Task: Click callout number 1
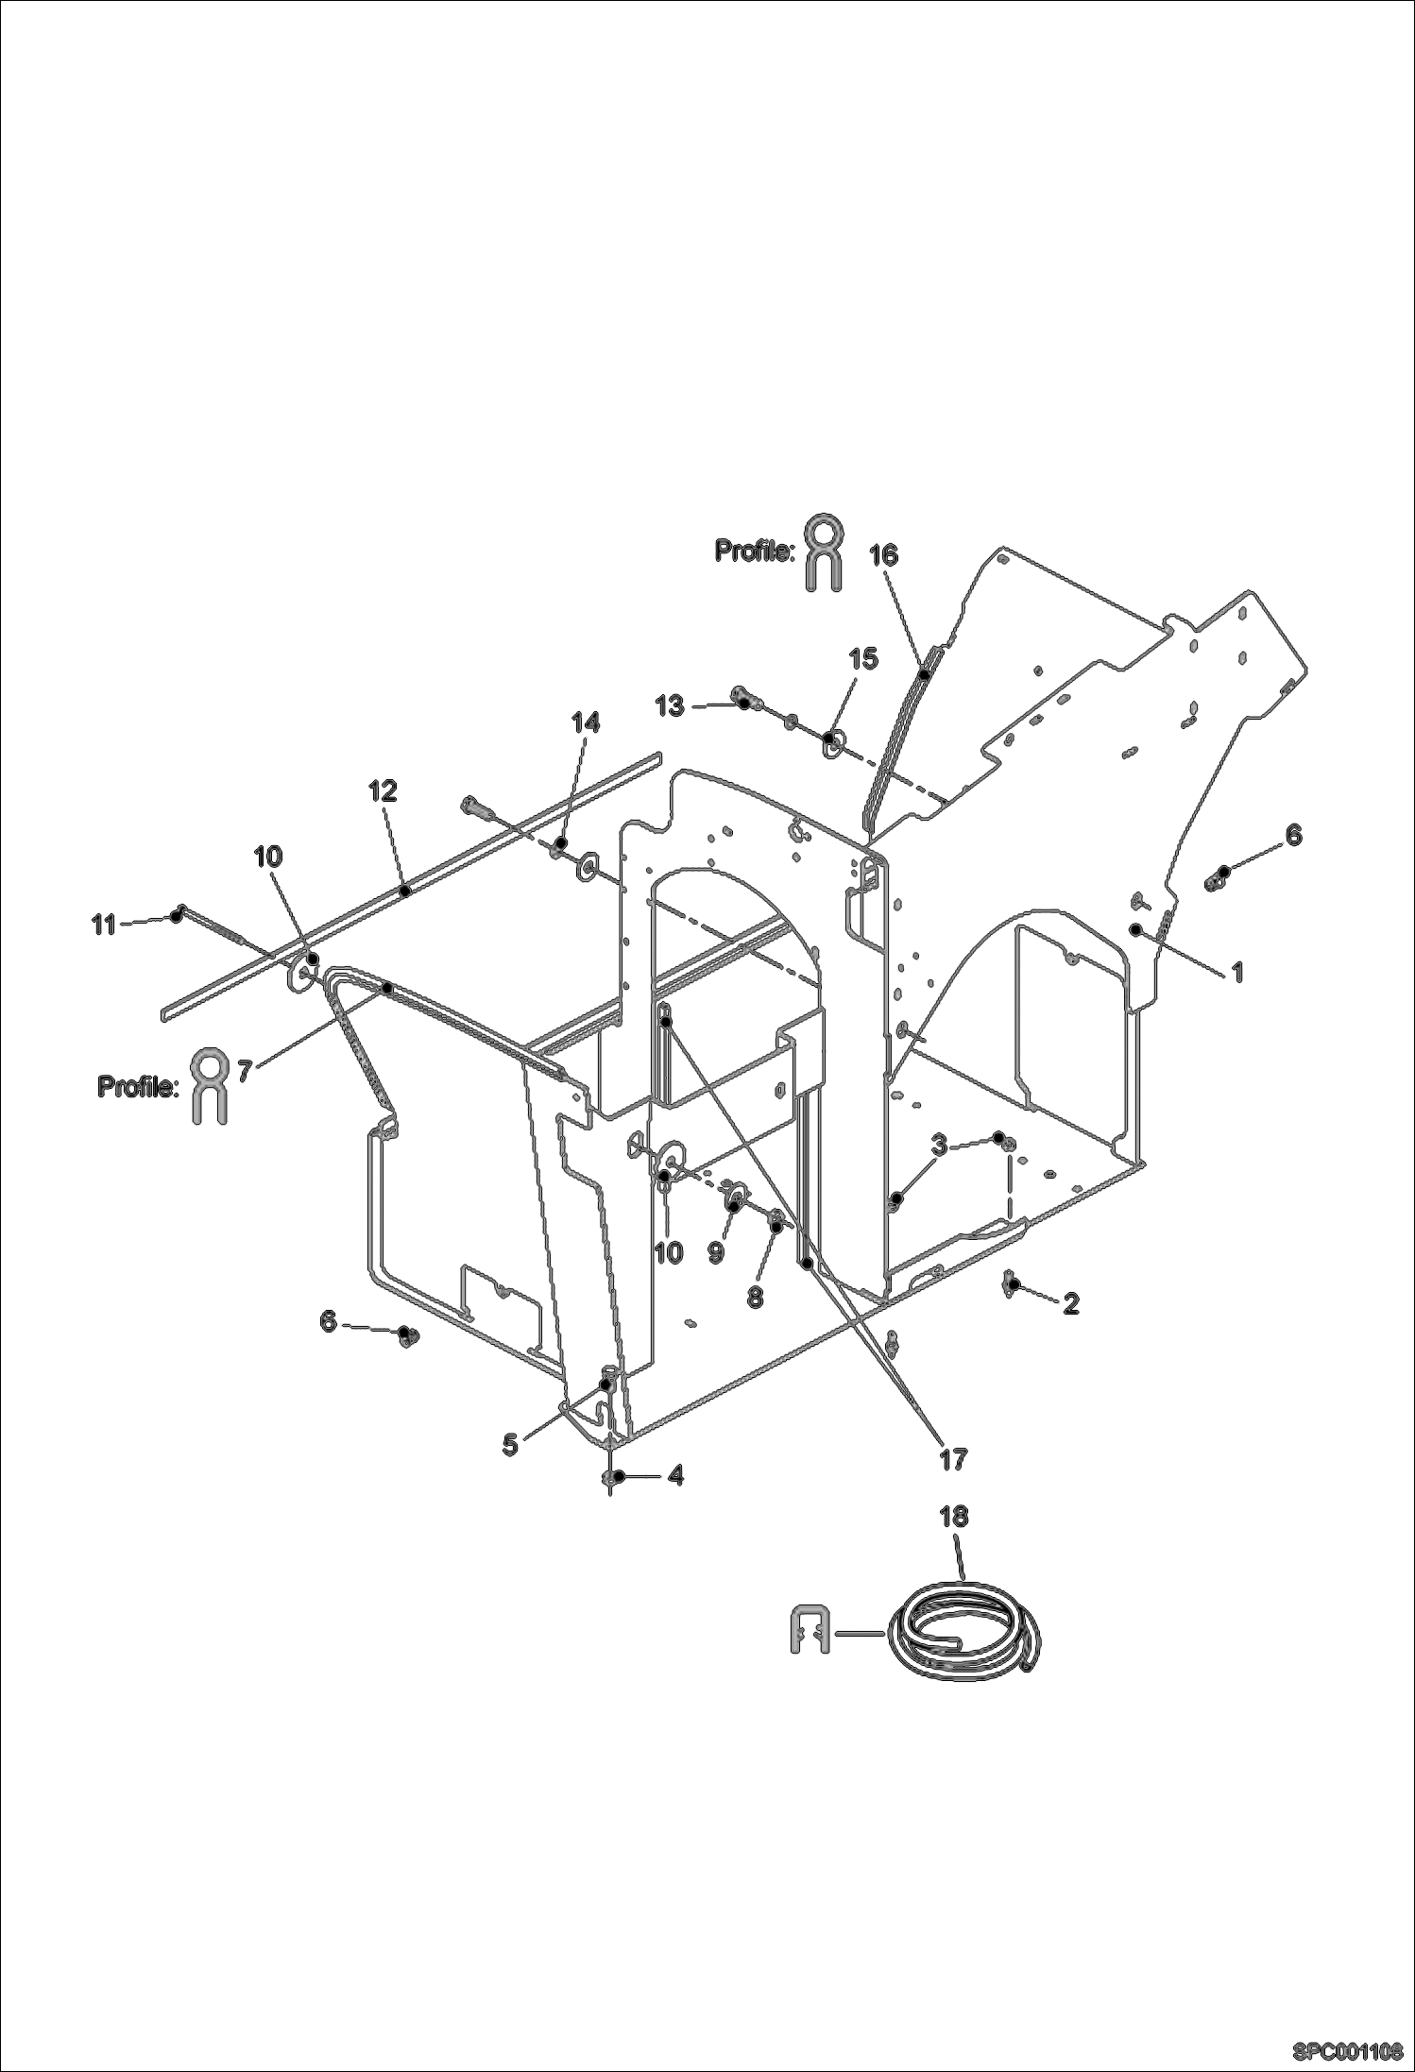pos(1236,972)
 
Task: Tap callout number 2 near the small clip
pos(1070,1303)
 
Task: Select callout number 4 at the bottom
pos(674,1475)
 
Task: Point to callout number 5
pos(510,1444)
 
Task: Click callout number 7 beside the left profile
pos(243,1070)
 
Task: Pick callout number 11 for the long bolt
pos(103,925)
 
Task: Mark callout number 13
pos(670,705)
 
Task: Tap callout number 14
pos(585,722)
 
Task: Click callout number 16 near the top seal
pos(883,555)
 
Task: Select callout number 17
pos(953,1459)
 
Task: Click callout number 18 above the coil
pos(954,1516)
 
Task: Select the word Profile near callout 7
pos(137,1087)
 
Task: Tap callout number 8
pos(755,1297)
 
